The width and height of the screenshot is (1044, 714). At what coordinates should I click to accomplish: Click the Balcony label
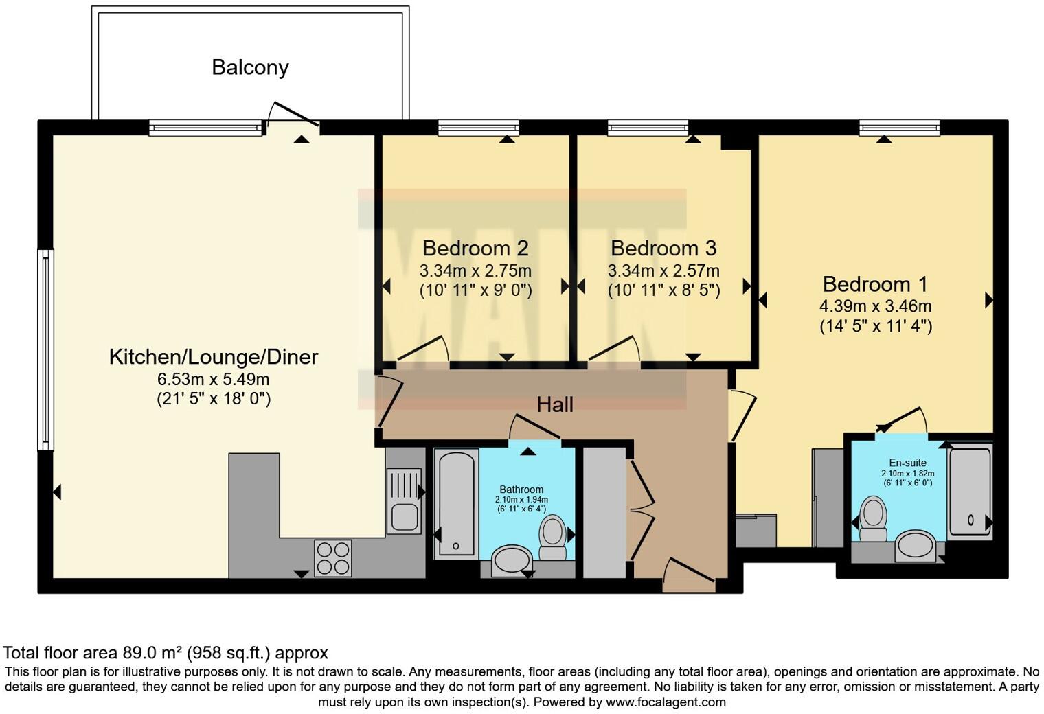tap(250, 68)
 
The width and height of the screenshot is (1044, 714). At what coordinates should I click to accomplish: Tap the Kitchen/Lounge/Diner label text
tap(214, 357)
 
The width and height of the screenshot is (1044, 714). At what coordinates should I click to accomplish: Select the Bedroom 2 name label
tap(475, 249)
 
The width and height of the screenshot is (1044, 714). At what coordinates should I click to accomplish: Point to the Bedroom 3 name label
tap(663, 249)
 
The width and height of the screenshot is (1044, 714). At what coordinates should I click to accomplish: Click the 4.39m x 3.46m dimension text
tap(876, 306)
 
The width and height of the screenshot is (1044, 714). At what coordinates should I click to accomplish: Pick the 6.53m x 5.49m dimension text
tap(214, 379)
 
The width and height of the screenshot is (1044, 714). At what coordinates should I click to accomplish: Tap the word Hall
tap(555, 405)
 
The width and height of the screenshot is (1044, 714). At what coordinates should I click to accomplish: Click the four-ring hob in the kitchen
tap(333, 558)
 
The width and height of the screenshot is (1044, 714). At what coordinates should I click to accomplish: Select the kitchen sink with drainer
tap(404, 500)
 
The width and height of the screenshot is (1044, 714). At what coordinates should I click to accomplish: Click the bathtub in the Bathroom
tap(456, 503)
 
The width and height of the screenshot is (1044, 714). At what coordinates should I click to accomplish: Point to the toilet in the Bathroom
tap(552, 537)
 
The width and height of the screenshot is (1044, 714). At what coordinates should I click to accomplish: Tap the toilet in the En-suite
tap(873, 519)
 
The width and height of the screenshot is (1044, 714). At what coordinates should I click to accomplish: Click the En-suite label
tap(907, 463)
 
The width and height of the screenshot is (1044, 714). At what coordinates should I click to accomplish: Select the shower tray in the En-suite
tap(970, 492)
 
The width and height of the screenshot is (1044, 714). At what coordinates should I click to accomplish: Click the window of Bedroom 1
tap(900, 128)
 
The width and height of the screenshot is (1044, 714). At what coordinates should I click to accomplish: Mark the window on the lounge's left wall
tap(45, 349)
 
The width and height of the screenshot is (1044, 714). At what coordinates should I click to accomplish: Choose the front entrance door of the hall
tap(689, 570)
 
